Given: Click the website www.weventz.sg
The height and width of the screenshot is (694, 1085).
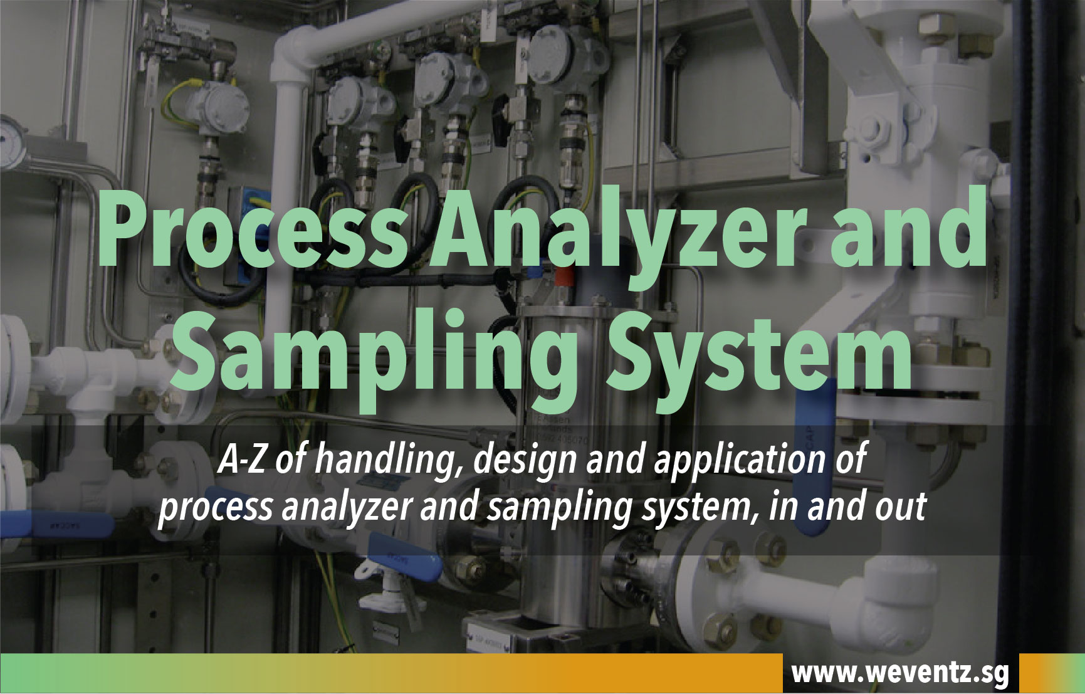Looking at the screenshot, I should point(900,673).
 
